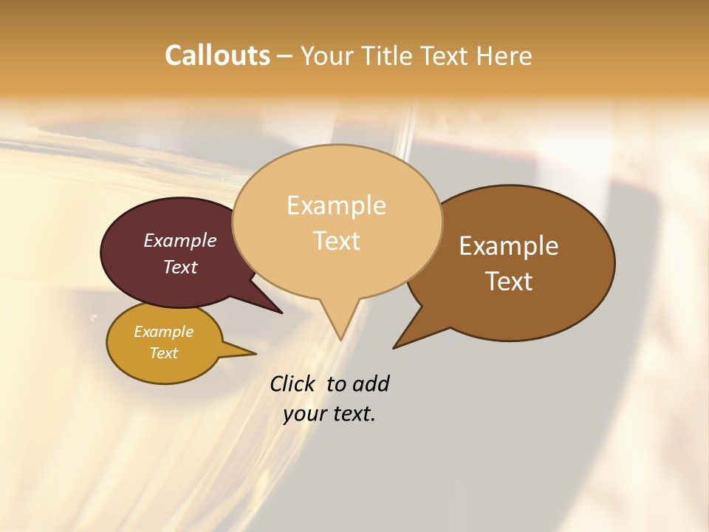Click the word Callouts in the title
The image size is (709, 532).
click(x=217, y=55)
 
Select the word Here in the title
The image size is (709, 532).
click(x=504, y=55)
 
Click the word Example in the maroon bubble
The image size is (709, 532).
click(x=180, y=240)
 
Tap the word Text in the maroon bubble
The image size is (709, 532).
click(x=180, y=267)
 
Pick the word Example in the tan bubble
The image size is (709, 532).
click(x=336, y=205)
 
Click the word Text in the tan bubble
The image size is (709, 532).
click(x=336, y=240)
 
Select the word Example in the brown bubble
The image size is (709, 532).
click(x=509, y=245)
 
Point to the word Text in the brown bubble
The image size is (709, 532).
click(x=509, y=281)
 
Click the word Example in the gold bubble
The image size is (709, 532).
click(x=163, y=332)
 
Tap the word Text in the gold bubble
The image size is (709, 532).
click(x=163, y=353)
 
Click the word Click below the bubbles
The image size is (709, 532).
click(x=293, y=383)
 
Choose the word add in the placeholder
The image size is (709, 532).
click(x=370, y=383)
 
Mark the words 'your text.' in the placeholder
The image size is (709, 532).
click(x=329, y=413)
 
